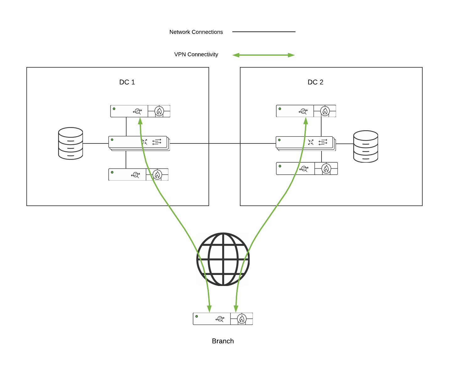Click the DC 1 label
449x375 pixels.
click(x=127, y=82)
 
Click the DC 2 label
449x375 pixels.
click(x=315, y=82)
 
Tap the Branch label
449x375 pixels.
click(x=223, y=341)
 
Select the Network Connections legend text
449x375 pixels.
click(x=196, y=32)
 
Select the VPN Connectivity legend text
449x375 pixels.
click(x=196, y=54)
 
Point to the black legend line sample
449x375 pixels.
click(x=264, y=32)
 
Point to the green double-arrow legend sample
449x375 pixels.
click(x=263, y=55)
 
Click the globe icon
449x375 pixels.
click(x=223, y=259)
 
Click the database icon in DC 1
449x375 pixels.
click(x=71, y=143)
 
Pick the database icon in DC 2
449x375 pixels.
click(x=365, y=147)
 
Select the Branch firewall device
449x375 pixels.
click(x=223, y=319)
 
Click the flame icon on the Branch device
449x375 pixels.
click(x=241, y=319)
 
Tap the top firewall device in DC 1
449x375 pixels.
click(x=140, y=111)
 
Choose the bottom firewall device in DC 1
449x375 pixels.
click(x=138, y=175)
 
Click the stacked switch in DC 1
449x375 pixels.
click(x=139, y=143)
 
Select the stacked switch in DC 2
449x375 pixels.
click(x=306, y=143)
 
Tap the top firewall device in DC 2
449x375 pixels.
click(x=306, y=111)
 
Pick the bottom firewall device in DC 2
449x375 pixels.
click(x=307, y=169)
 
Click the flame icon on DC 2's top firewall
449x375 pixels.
click(x=325, y=111)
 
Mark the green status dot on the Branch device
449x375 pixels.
click(x=197, y=316)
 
